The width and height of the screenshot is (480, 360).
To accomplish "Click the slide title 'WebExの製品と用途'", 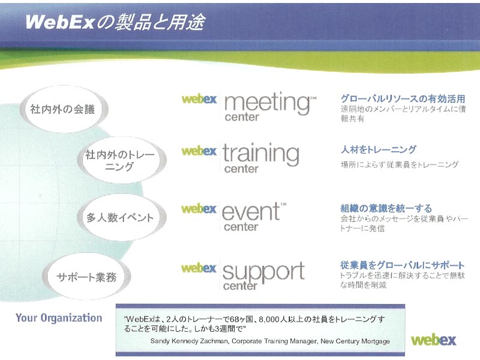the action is pyautogui.click(x=115, y=22).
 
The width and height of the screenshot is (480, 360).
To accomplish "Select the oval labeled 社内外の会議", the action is pyautogui.click(x=64, y=109).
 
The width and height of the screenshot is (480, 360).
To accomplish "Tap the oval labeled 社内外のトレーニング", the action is pyautogui.click(x=122, y=160).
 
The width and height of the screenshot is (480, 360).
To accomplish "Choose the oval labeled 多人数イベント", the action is pyautogui.click(x=122, y=217).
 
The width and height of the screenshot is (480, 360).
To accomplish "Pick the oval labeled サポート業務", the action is pyautogui.click(x=86, y=277).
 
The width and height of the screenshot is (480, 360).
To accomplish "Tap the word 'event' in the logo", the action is pyautogui.click(x=251, y=212).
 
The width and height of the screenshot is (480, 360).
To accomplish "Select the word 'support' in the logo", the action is pyautogui.click(x=263, y=271).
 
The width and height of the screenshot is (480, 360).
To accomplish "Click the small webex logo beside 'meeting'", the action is pyautogui.click(x=199, y=99).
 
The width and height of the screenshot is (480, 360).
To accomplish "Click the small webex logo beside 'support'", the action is pyautogui.click(x=199, y=268).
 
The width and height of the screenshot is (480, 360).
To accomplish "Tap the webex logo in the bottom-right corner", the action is pyautogui.click(x=433, y=340).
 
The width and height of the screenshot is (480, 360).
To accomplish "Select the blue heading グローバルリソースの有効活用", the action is pyautogui.click(x=403, y=98).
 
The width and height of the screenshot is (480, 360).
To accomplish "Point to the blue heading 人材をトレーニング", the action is pyautogui.click(x=379, y=149).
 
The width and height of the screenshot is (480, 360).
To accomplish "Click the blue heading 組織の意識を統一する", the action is pyautogui.click(x=386, y=208).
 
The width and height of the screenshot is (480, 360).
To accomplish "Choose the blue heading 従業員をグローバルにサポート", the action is pyautogui.click(x=402, y=265).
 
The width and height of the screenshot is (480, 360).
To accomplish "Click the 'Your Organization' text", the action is pyautogui.click(x=59, y=318).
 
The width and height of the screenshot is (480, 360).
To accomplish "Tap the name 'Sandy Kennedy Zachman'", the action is pyautogui.click(x=190, y=341).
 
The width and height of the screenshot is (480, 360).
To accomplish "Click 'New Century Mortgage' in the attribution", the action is pyautogui.click(x=355, y=341).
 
